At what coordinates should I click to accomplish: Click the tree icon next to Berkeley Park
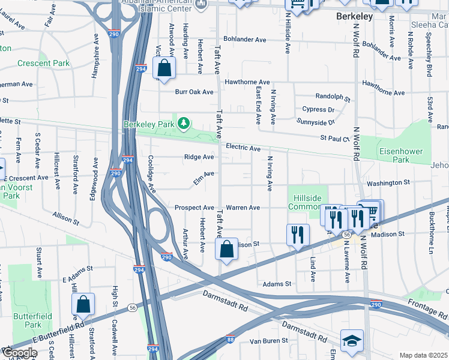[184, 124]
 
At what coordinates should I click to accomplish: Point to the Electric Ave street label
[243, 148]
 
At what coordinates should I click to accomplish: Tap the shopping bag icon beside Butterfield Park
[83, 305]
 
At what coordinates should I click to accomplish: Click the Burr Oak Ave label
[194, 92]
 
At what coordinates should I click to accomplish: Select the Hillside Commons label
[306, 202]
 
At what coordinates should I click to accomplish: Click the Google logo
[19, 352]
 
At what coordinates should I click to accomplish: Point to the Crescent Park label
[43, 63]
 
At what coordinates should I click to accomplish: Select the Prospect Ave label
[194, 208]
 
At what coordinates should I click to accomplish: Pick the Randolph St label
[333, 96]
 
